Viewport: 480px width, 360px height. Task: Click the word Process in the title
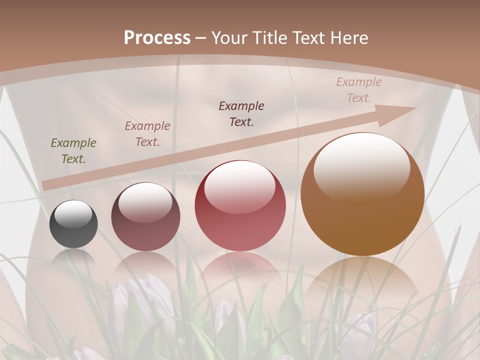(x=157, y=38)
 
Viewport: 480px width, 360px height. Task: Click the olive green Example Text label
(x=73, y=150)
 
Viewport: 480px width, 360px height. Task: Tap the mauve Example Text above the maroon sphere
(x=147, y=133)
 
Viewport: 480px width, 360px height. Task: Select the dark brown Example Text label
(x=241, y=113)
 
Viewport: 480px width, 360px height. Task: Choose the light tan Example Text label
(x=358, y=89)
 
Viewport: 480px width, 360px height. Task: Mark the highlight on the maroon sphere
(x=145, y=201)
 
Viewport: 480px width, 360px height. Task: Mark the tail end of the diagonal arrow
(x=46, y=185)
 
